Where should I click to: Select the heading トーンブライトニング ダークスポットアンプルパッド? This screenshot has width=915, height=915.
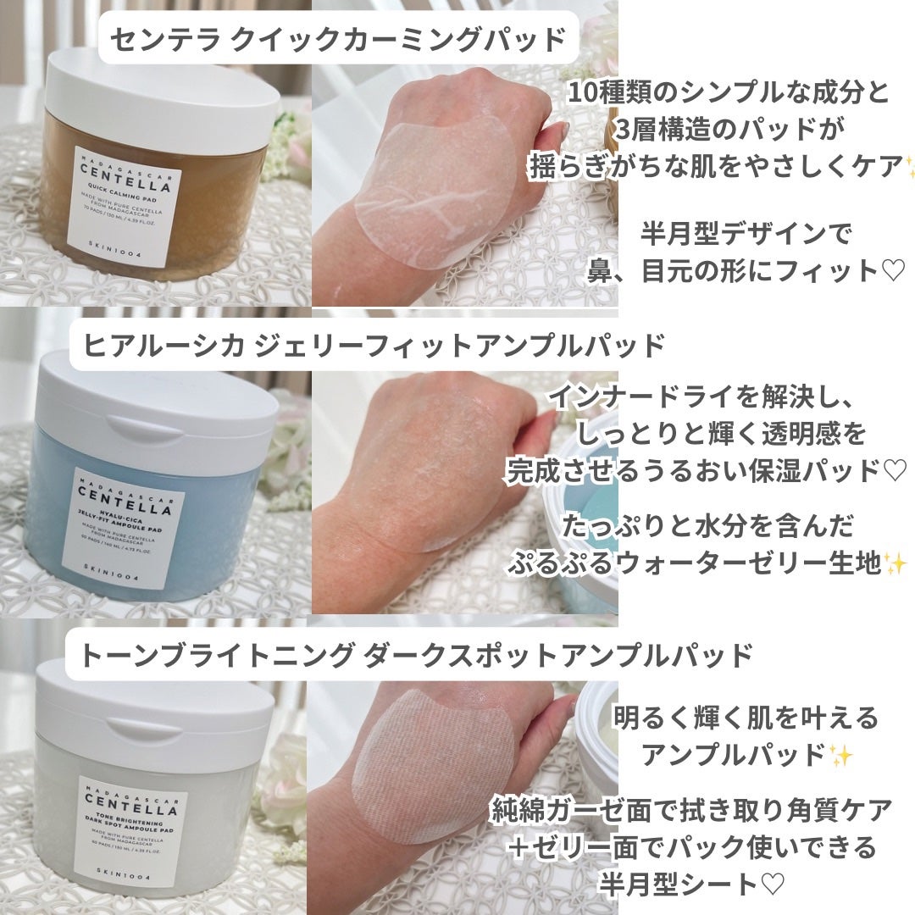click(x=417, y=655)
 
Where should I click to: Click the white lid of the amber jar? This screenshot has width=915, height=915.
click(x=161, y=88)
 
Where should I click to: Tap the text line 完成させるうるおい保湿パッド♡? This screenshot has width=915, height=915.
click(x=706, y=470)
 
